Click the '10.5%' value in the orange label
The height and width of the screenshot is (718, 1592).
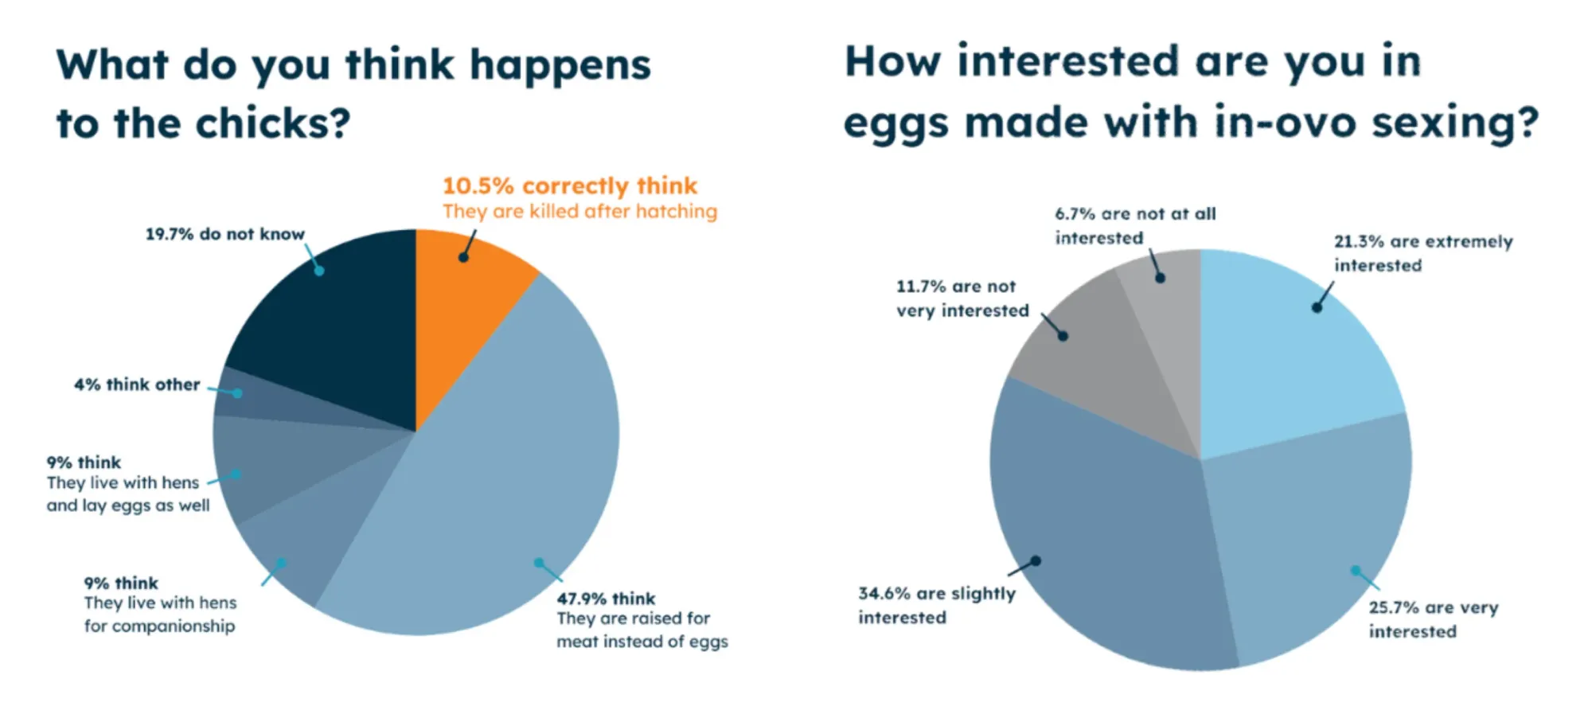tap(478, 186)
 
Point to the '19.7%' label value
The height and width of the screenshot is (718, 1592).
tap(169, 234)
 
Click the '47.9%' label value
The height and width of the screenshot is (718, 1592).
tap(580, 599)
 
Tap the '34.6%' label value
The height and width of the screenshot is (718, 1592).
tap(884, 594)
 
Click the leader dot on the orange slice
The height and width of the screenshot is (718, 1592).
tap(463, 257)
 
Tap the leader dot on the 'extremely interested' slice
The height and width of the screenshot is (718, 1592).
tap(1317, 307)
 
